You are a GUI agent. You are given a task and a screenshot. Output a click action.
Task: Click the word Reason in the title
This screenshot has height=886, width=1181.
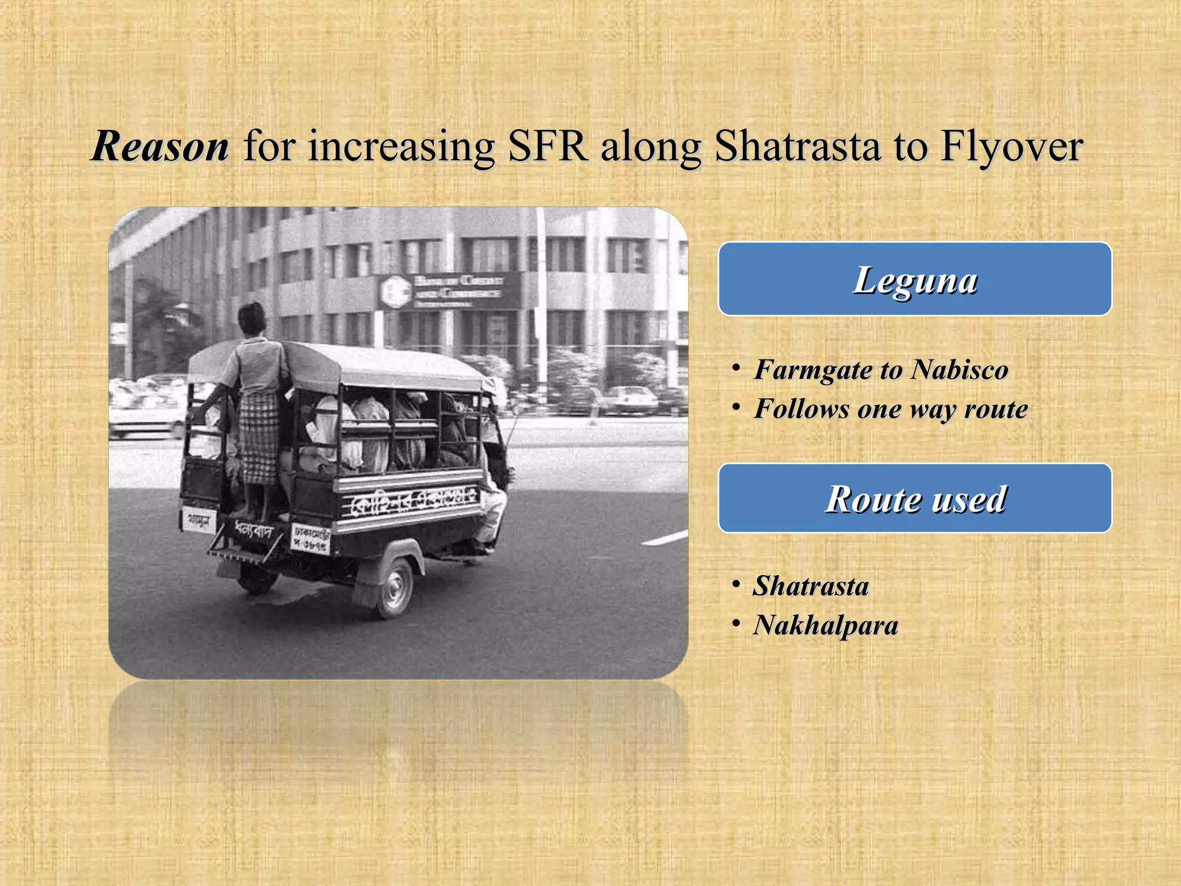click(160, 147)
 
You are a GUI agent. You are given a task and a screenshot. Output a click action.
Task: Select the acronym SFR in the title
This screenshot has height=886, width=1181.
click(547, 147)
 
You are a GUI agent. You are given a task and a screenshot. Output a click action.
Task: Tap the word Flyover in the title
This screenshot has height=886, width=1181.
click(1011, 147)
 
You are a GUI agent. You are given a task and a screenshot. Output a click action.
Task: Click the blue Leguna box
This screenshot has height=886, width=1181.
click(915, 280)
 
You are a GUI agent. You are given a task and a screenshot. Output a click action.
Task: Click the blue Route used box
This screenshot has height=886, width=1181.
click(915, 498)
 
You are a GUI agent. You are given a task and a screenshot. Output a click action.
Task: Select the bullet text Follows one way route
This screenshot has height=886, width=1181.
click(891, 409)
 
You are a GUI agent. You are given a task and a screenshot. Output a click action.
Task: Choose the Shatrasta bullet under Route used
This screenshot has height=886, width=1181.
click(811, 586)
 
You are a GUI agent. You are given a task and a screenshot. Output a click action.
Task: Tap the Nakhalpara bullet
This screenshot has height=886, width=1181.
click(825, 625)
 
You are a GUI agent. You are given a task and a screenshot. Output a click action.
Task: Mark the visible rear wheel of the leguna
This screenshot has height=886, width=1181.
click(394, 588)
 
